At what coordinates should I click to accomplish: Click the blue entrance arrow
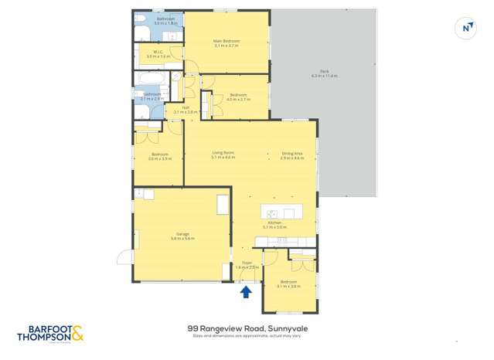click(246, 292)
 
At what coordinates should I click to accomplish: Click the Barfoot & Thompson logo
click(50, 333)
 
